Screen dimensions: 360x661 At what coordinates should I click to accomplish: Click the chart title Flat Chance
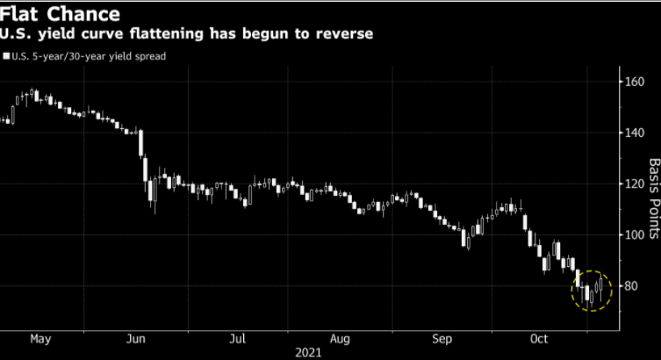(x=59, y=15)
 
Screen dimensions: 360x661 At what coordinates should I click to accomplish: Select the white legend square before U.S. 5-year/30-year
(x=5, y=56)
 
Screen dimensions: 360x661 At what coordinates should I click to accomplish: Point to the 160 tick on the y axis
(x=635, y=82)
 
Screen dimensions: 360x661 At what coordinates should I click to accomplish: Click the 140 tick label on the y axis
(x=635, y=133)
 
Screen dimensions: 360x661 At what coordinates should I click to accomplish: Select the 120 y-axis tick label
(x=635, y=184)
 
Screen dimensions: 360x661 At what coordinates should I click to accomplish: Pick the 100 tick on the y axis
(x=635, y=234)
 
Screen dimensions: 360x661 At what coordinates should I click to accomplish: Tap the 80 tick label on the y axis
(x=631, y=286)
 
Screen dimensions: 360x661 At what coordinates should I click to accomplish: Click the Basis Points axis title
(x=653, y=200)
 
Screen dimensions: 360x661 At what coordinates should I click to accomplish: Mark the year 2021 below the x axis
(x=310, y=352)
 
